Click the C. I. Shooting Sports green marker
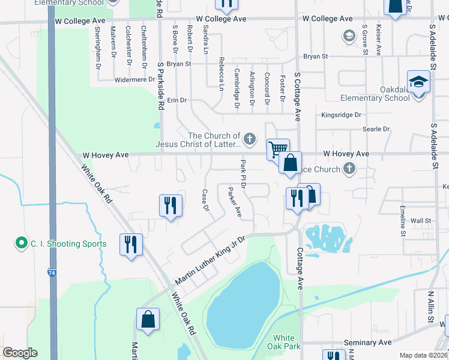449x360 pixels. [22, 244]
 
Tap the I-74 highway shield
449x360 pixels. [52, 273]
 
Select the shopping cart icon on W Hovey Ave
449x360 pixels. [278, 148]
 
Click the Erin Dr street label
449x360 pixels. [177, 100]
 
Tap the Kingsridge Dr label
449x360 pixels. [341, 115]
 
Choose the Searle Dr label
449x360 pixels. [376, 129]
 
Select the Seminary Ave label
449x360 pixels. [368, 343]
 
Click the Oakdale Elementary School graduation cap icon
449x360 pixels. [418, 81]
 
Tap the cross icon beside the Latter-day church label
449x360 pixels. [252, 139]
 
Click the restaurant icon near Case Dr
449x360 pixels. [170, 205]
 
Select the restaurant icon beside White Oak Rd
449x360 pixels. [131, 244]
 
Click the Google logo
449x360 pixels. [20, 353]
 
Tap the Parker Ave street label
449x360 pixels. [234, 202]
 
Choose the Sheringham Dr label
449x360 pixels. [98, 49]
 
